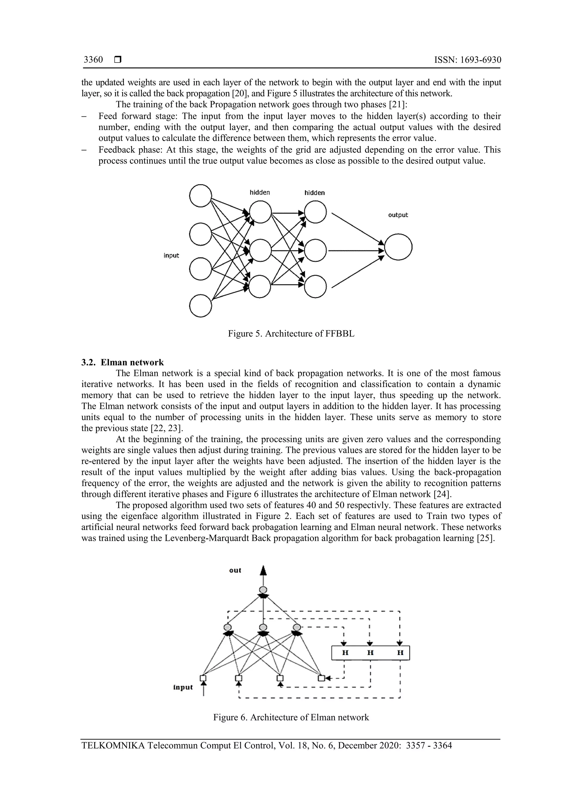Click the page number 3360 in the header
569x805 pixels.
point(93,60)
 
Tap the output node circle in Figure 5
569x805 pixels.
point(398,247)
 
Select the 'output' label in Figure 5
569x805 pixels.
point(398,215)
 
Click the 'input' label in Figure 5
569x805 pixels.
point(171,256)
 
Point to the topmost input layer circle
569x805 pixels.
point(201,196)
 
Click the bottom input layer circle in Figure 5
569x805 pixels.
point(201,306)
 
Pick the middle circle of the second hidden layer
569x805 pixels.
point(315,250)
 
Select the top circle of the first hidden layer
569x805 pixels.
point(260,212)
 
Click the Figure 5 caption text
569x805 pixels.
point(291,333)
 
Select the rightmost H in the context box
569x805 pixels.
point(400,653)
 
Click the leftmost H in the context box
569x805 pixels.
point(345,653)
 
